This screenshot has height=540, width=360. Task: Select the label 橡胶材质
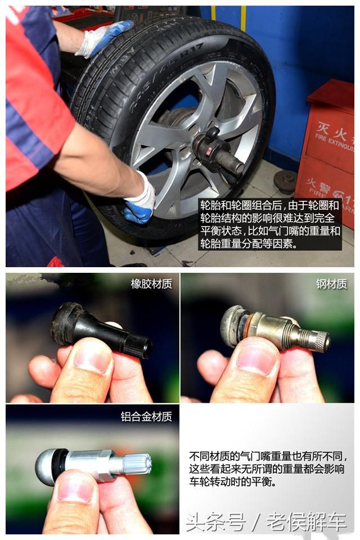click(151, 284)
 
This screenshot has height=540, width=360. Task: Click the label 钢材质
click(331, 284)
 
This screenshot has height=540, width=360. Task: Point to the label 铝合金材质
click(146, 417)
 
